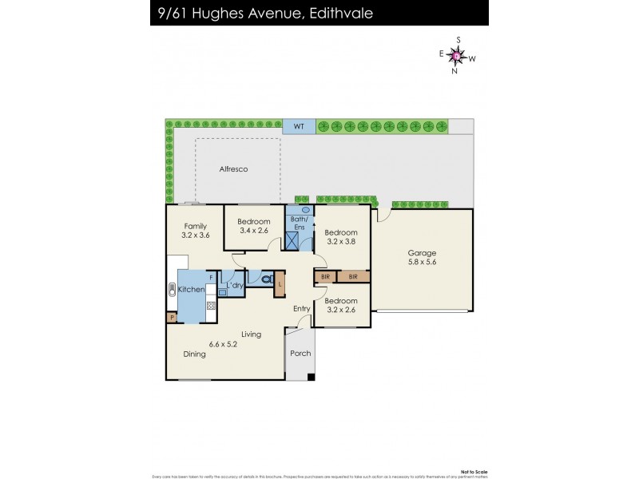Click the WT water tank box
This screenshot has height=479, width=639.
(x=299, y=126)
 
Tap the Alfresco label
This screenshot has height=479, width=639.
(x=233, y=169)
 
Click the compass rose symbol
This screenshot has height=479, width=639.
(x=456, y=56)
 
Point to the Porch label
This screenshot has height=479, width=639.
(x=300, y=354)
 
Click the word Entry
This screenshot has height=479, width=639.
(x=301, y=309)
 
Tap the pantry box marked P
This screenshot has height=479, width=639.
(x=172, y=318)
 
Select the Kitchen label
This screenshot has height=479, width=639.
(x=191, y=289)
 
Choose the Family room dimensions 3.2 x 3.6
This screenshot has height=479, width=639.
(x=196, y=236)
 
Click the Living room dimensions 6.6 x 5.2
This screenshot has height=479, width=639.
(x=224, y=344)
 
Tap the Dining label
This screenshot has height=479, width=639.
(x=194, y=354)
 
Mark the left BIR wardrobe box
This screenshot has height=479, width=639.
(x=325, y=276)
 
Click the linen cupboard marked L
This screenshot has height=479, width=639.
(x=280, y=284)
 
